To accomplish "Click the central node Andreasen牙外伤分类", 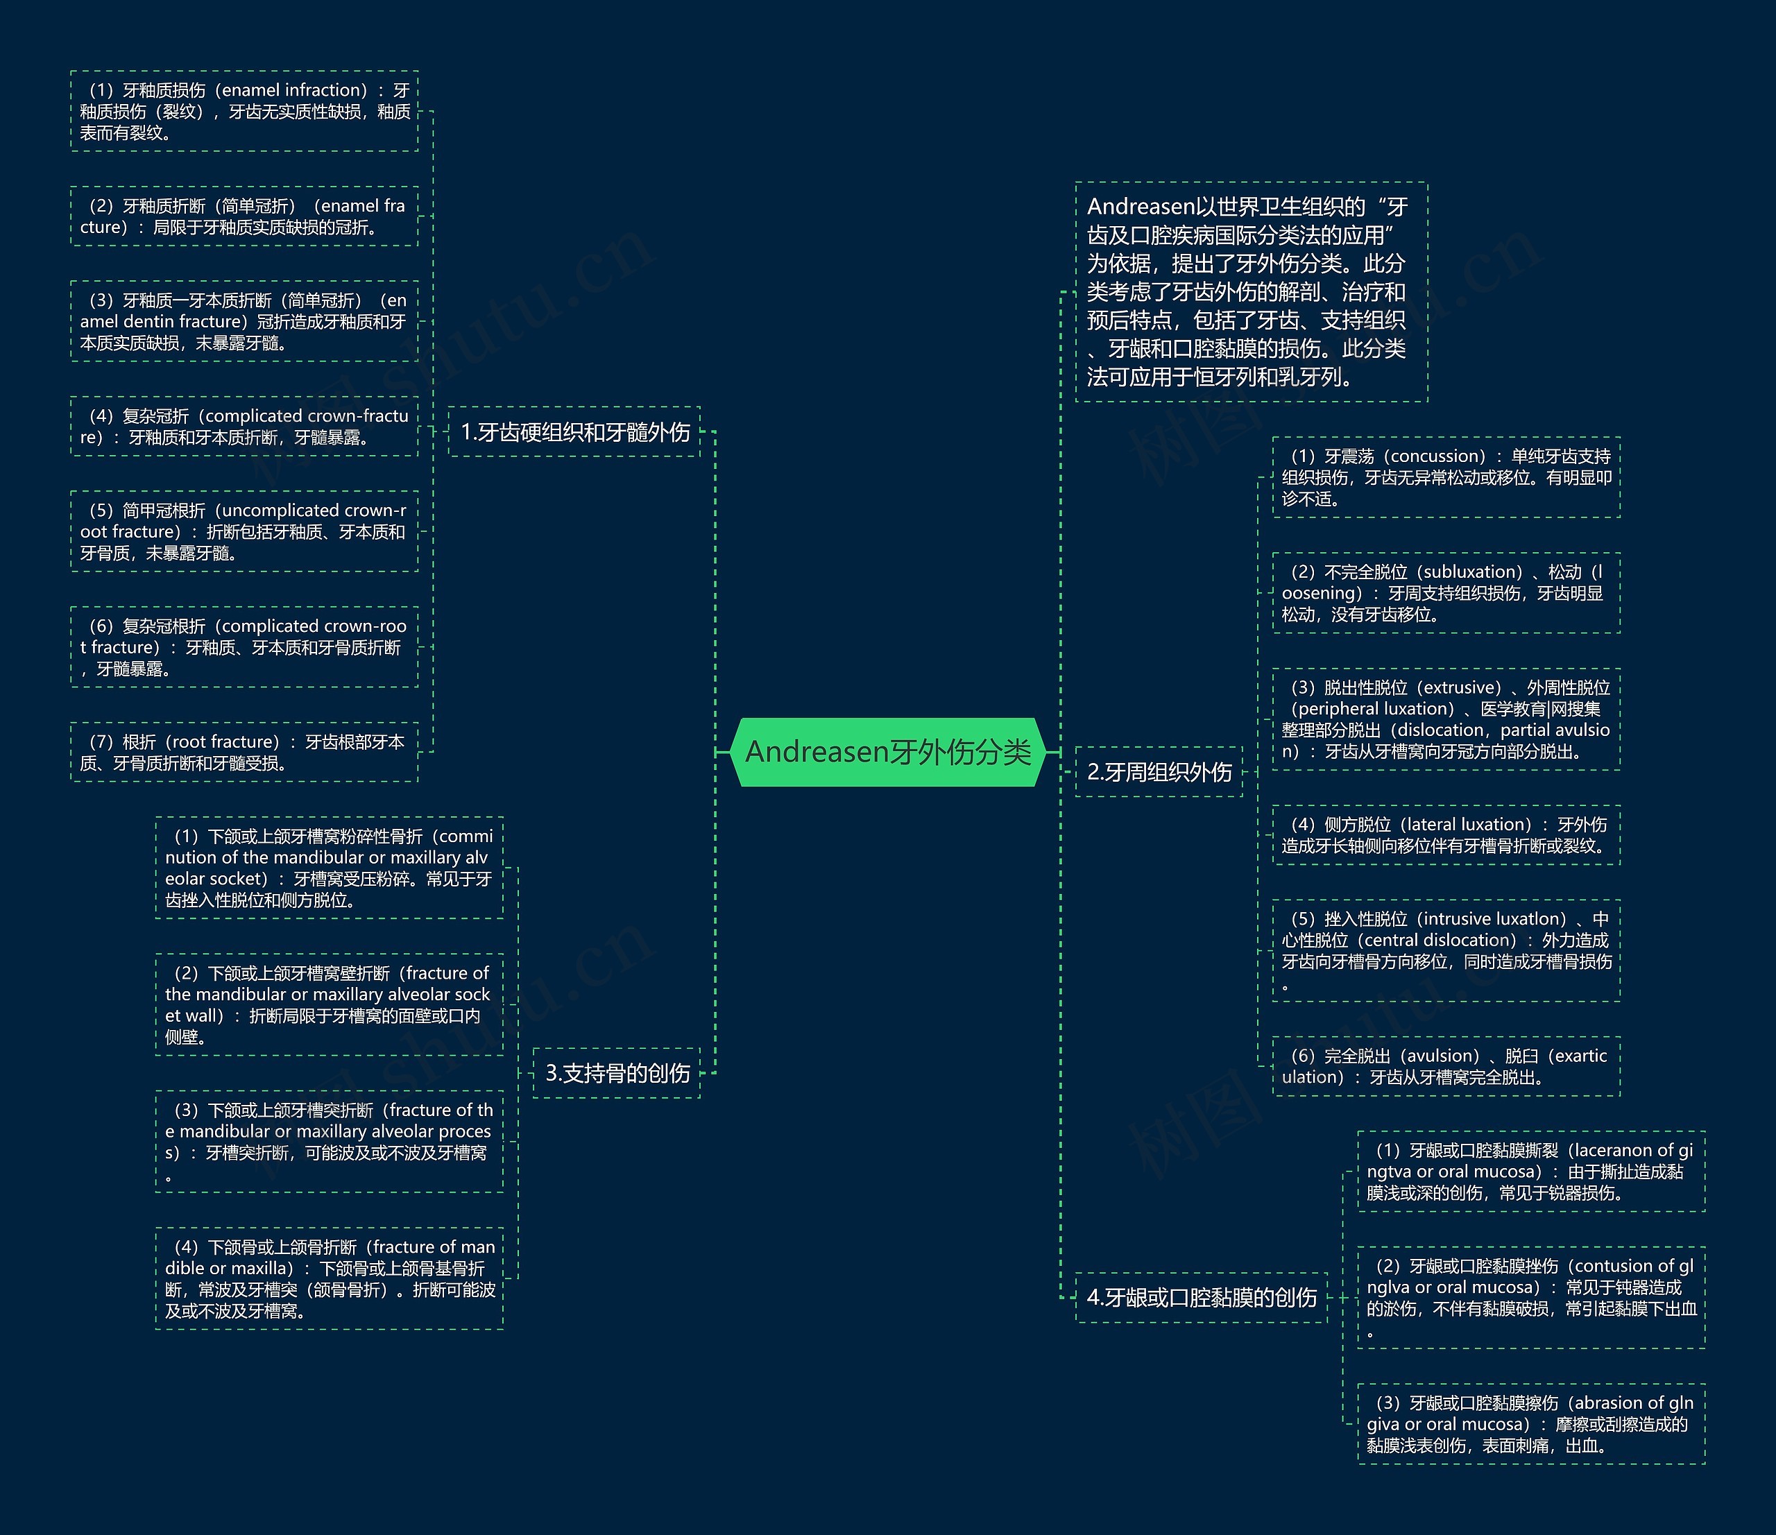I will click(x=888, y=752).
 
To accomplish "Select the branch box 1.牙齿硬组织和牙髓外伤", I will click(x=574, y=432).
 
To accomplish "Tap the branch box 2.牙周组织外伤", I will click(x=1158, y=772).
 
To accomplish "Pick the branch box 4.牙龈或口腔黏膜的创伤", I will click(x=1201, y=1298).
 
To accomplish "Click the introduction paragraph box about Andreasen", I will click(x=1251, y=291).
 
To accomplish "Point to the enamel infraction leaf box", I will click(x=244, y=112).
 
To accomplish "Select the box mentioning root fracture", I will click(x=244, y=752).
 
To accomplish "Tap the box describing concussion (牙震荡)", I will click(x=1446, y=477).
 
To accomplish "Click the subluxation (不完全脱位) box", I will click(x=1446, y=593).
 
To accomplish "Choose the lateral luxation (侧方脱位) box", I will click(x=1446, y=834).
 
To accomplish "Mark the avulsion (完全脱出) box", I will click(x=1446, y=1066).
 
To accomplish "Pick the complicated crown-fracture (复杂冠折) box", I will click(x=244, y=426).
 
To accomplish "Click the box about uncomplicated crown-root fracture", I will click(x=244, y=531).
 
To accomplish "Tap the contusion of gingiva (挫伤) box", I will click(x=1531, y=1298).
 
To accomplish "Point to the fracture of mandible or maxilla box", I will click(x=329, y=1279).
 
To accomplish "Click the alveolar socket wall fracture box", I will click(x=329, y=1004).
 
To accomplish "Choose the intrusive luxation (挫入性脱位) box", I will click(x=1446, y=950).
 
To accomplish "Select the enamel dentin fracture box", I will click(x=244, y=321).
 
